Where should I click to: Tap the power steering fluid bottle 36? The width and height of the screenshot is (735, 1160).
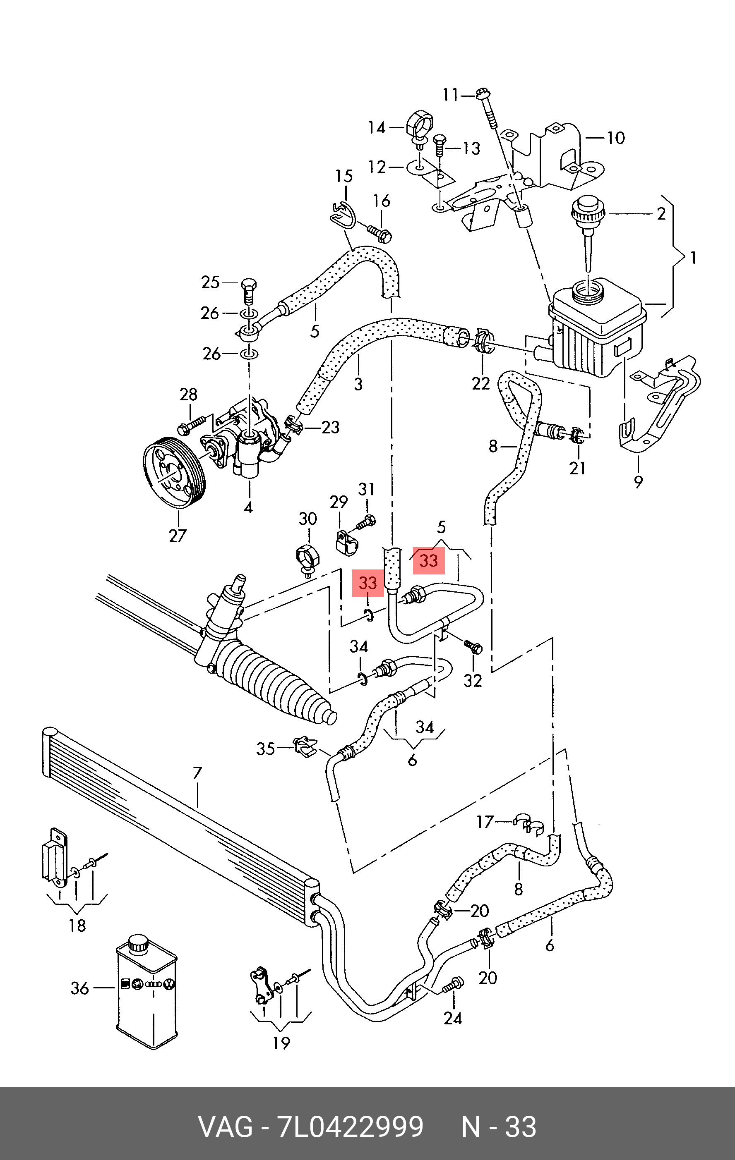(147, 991)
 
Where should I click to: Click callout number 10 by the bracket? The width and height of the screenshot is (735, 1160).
(615, 138)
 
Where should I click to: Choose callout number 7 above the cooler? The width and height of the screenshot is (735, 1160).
(197, 773)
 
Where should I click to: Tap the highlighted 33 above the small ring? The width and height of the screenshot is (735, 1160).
(368, 583)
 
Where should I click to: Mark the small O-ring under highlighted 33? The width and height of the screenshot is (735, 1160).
(368, 614)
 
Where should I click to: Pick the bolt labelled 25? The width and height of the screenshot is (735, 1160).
(248, 290)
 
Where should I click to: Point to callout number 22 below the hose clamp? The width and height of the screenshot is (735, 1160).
(480, 383)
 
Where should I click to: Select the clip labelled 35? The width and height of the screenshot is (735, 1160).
(305, 746)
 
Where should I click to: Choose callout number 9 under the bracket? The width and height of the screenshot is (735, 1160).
(638, 481)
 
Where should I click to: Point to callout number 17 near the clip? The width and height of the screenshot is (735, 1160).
(485, 821)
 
